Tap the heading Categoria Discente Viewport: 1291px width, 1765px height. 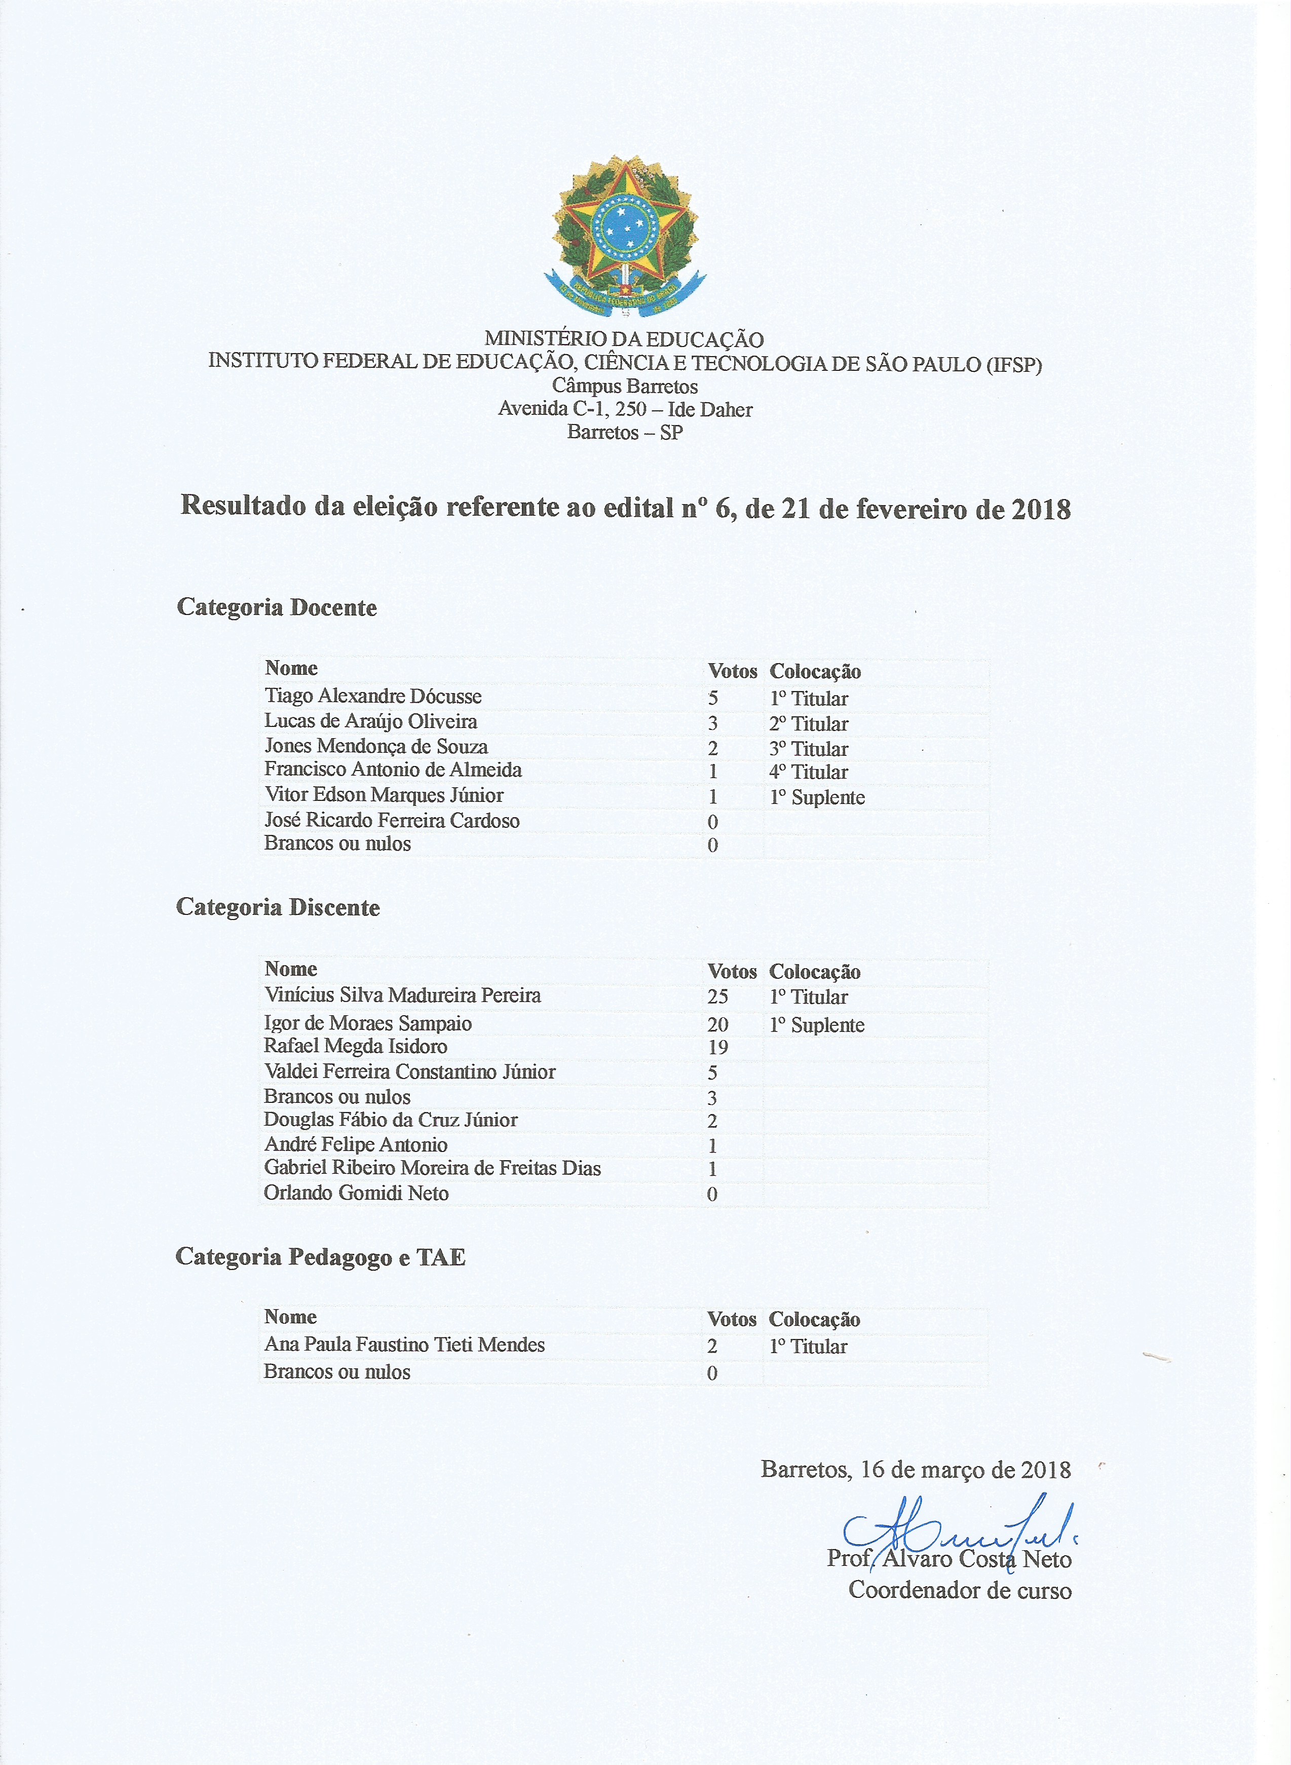278,907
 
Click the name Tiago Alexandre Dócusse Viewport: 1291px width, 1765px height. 373,696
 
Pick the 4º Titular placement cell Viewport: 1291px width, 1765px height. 808,772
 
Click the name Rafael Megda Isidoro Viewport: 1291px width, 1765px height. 356,1046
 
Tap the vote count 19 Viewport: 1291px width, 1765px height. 717,1048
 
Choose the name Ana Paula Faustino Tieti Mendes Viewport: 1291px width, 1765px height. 404,1345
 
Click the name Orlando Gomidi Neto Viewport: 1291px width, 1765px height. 356,1193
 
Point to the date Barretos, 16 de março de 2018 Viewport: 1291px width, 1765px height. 915,1470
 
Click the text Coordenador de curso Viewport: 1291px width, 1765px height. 960,1590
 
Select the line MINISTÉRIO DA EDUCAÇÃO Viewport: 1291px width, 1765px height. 624,339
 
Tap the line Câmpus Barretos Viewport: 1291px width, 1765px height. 624,386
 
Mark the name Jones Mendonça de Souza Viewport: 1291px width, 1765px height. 376,746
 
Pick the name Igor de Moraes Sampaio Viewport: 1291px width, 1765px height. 368,1023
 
